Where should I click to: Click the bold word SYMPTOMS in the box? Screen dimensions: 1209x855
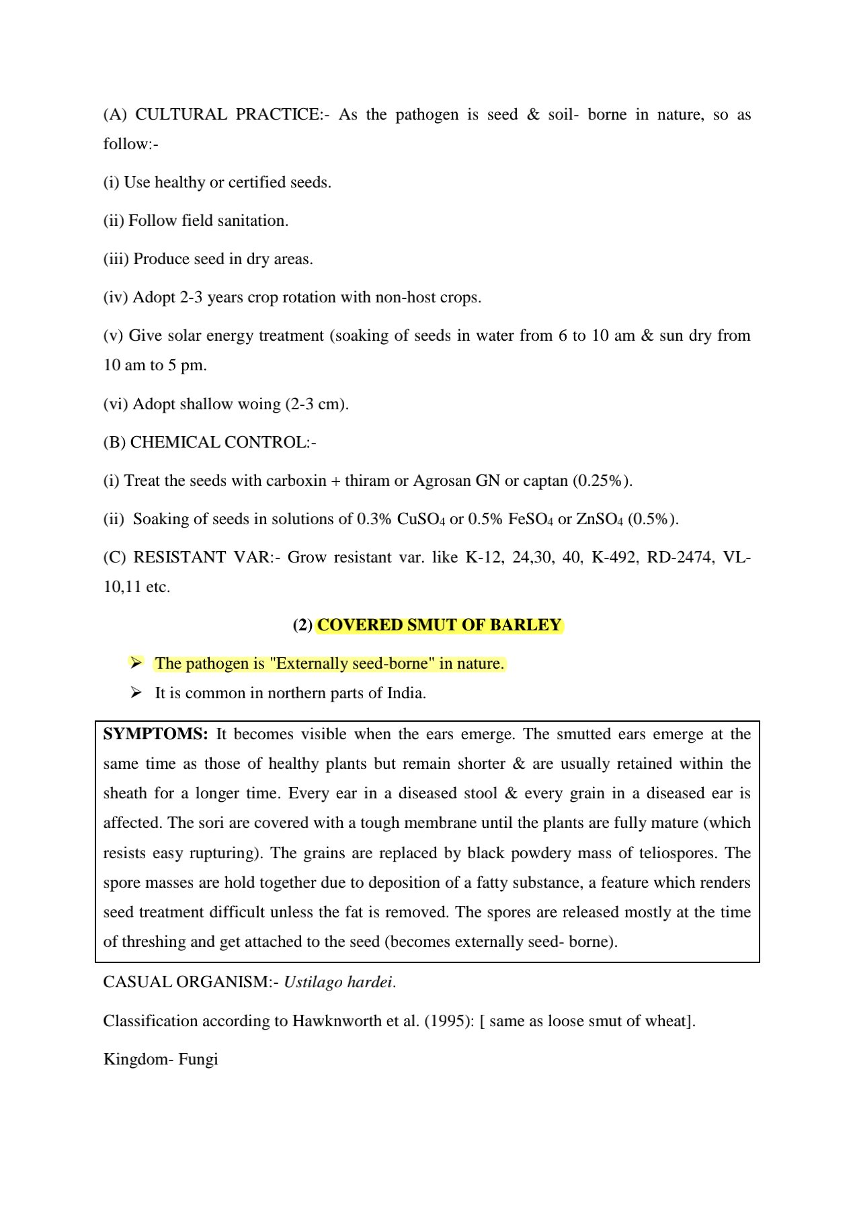point(155,734)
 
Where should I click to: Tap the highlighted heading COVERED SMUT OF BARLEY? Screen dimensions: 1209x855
point(439,625)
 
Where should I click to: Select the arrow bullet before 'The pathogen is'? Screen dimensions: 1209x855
point(136,663)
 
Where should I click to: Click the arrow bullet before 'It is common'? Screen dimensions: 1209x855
point(136,692)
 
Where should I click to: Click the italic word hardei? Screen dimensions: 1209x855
point(370,982)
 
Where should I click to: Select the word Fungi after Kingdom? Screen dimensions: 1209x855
point(198,1059)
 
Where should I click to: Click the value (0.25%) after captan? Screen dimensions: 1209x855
point(602,481)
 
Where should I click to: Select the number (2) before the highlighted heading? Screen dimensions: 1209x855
point(302,625)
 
